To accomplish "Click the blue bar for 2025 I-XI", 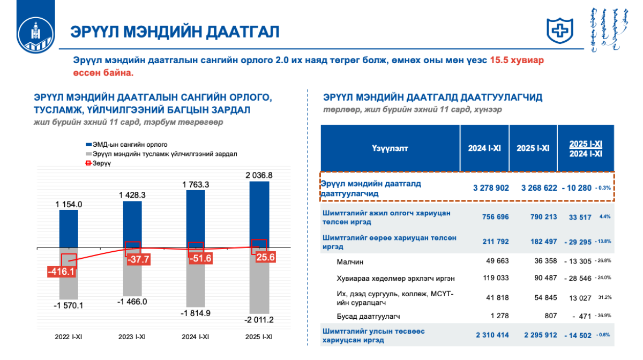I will [x=259, y=214].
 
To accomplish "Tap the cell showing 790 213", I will [x=533, y=217].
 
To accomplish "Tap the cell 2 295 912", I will [x=533, y=335].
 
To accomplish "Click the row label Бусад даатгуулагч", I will [x=369, y=316].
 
